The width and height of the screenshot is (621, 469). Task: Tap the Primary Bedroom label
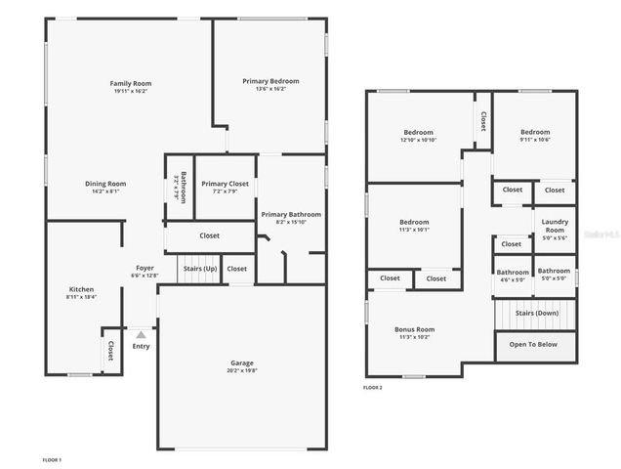(x=270, y=81)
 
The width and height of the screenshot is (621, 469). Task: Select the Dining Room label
(x=104, y=183)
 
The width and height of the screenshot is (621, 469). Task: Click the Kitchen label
(x=81, y=289)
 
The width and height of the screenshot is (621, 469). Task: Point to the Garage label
(x=241, y=362)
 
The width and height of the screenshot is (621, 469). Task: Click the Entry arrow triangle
(x=141, y=334)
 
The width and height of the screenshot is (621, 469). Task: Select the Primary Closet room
(x=225, y=187)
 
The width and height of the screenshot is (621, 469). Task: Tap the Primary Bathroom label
(x=290, y=214)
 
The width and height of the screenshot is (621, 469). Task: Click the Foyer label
(x=144, y=268)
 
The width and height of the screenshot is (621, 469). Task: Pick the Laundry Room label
(x=555, y=226)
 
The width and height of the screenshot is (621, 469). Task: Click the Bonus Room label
(x=414, y=329)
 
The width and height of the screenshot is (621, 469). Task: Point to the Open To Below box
(x=533, y=344)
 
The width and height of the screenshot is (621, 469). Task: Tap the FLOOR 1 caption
(x=52, y=459)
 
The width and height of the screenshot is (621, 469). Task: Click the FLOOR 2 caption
(x=373, y=388)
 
